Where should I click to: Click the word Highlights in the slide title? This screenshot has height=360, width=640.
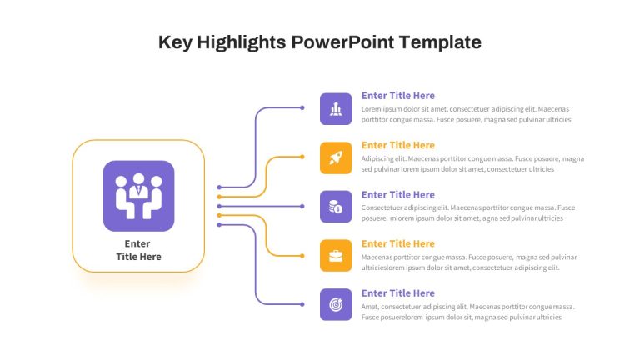(241, 42)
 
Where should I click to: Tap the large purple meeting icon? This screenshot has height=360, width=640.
(139, 196)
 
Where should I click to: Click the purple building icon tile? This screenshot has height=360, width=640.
(336, 109)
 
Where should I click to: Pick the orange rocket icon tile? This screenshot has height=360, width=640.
(336, 158)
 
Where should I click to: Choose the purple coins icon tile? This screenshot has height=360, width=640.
(336, 207)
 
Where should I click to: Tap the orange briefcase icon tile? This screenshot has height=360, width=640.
(336, 256)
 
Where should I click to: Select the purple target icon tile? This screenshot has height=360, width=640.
(336, 304)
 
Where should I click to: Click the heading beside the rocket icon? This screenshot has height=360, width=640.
(398, 145)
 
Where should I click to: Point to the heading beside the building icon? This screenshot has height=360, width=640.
(398, 96)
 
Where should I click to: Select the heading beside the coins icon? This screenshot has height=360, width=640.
(398, 195)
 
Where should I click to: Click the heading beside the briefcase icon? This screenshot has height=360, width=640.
(398, 243)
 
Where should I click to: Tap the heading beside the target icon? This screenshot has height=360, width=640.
(398, 293)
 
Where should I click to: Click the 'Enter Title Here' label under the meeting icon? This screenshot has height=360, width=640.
(138, 250)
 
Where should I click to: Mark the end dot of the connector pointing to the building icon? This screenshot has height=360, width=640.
(302, 107)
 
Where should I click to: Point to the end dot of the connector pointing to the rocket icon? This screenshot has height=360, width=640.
(302, 157)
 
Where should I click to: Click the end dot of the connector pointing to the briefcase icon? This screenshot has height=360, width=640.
(302, 256)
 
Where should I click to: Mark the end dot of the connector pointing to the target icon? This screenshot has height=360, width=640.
(302, 304)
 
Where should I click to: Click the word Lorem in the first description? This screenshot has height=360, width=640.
(369, 109)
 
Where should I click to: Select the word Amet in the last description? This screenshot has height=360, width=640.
(369, 307)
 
